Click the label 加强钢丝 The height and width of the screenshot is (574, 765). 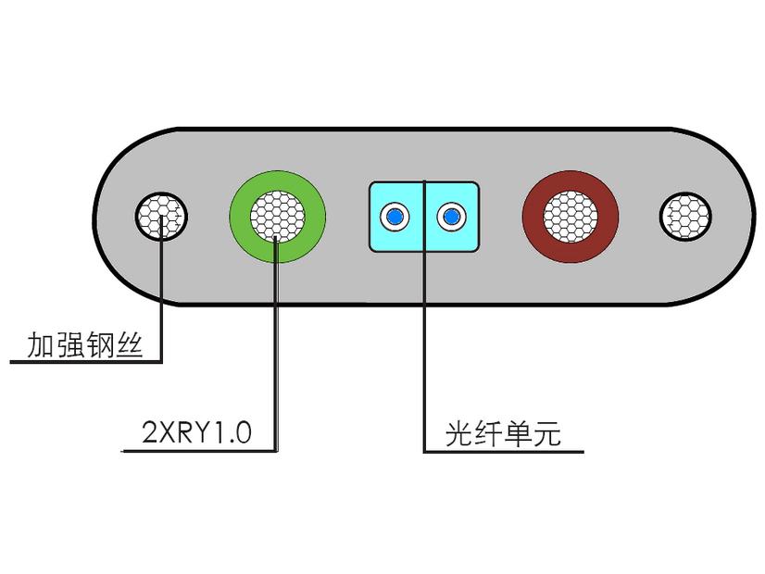point(83,346)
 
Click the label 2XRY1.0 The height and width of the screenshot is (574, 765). point(196,433)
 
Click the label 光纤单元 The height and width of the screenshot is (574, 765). point(503,433)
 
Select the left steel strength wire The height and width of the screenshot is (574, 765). point(162,217)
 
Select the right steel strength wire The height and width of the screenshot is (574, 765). point(685,217)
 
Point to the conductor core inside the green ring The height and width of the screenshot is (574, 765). point(278,217)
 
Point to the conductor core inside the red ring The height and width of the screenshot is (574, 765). point(571,217)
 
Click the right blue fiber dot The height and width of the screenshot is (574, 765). point(452,217)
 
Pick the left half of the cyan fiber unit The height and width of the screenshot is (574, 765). point(379,236)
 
